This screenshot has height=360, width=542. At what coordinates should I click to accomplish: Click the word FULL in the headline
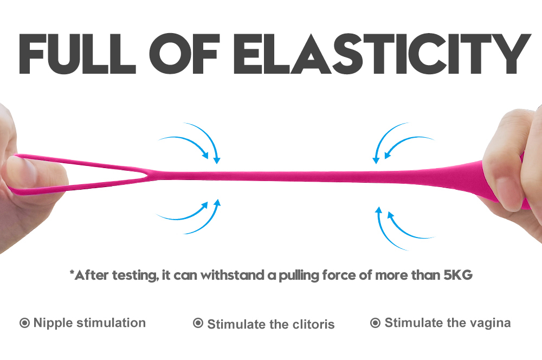[x=78, y=54]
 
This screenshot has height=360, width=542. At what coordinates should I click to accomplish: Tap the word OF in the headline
[x=184, y=54]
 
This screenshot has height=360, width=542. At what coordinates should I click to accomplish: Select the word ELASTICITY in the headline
[x=382, y=54]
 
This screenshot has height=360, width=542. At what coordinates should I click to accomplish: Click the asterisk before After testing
[x=72, y=273]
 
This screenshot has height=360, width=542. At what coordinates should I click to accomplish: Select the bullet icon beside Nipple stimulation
[x=24, y=323]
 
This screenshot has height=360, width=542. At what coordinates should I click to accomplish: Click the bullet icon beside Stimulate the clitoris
[x=198, y=323]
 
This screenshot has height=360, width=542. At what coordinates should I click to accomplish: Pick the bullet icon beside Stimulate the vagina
[x=376, y=323]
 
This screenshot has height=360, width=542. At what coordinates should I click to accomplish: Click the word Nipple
[x=53, y=323]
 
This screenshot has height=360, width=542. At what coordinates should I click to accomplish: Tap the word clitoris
[x=313, y=324]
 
